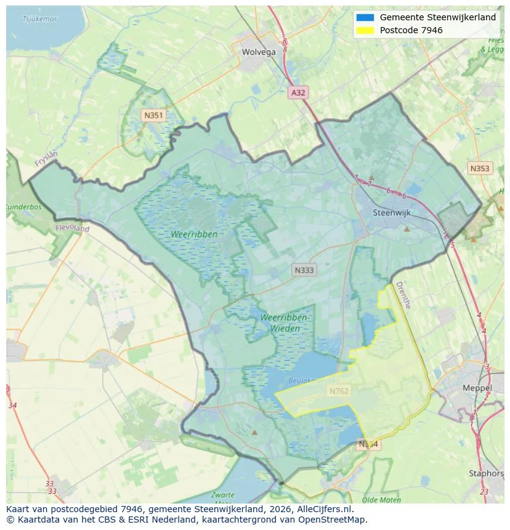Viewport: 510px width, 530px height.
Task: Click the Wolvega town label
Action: pos(259,52)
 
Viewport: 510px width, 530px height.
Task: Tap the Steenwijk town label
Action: pos(392,213)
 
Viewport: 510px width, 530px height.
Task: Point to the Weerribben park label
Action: pos(195,235)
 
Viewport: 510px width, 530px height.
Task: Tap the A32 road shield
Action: pos(298,92)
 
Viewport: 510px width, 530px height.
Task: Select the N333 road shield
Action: pos(304,270)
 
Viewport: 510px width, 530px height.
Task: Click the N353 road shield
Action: pos(479,169)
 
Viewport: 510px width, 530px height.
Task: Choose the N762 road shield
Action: pos(338,391)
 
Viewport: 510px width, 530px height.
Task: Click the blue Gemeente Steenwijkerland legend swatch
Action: pos(365,17)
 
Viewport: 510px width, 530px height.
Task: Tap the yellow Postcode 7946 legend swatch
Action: pos(365,30)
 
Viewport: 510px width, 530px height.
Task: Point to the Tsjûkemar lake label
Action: pos(40,19)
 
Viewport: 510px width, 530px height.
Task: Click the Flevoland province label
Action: pos(73,228)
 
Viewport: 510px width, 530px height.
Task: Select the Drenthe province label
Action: pos(403,295)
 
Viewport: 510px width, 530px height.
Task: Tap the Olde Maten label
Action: pos(381,500)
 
